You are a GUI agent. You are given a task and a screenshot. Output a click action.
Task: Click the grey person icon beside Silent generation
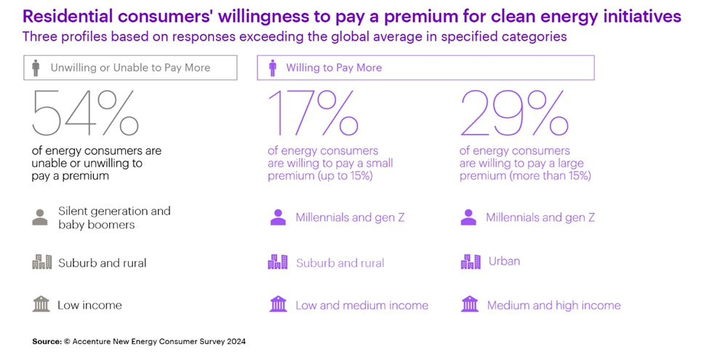click(40, 217)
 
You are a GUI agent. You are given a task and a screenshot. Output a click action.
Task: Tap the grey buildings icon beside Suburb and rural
click(42, 263)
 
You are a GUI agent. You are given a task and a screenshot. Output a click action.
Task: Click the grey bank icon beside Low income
click(41, 304)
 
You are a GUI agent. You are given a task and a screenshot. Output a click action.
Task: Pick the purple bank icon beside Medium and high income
click(470, 304)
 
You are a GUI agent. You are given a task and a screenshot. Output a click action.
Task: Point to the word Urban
click(504, 260)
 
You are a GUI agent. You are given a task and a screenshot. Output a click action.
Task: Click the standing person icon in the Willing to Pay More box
click(273, 68)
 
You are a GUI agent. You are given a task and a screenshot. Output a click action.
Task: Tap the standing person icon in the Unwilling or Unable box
click(36, 68)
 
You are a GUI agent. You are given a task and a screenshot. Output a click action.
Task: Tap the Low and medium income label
click(361, 305)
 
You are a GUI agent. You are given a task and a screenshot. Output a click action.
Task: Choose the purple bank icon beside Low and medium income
click(278, 304)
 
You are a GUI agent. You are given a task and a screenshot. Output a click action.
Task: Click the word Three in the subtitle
click(39, 36)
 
